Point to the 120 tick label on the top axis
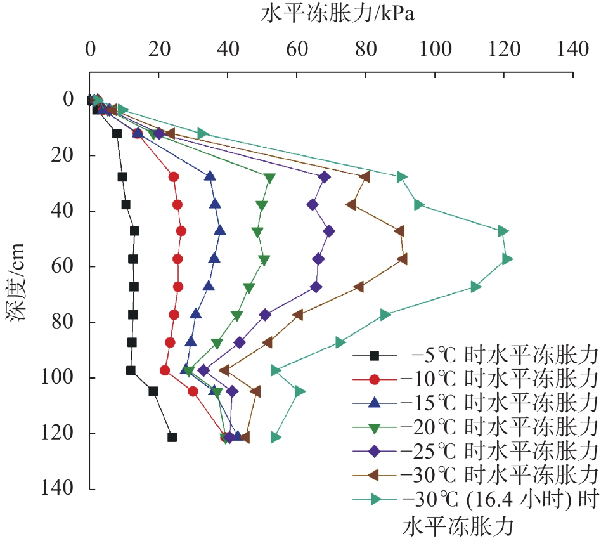(x=504, y=48)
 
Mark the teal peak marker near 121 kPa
(x=507, y=259)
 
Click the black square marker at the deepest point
(x=172, y=437)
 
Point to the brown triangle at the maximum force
(x=403, y=259)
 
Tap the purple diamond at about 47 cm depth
(x=329, y=231)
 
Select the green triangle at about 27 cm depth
(x=270, y=178)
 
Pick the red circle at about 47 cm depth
(x=181, y=231)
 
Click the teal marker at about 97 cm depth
(x=276, y=370)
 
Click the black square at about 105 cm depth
(x=153, y=391)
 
